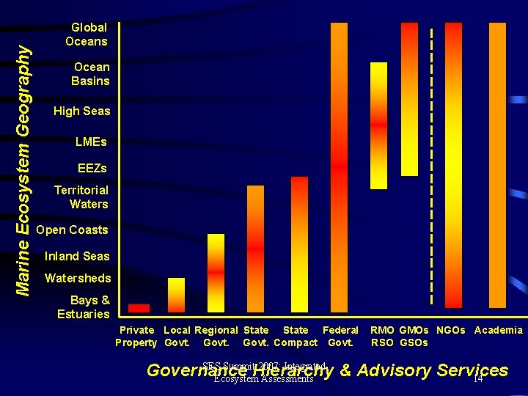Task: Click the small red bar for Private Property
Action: point(139,308)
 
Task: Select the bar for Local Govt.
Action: point(177,295)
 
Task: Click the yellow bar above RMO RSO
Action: point(378,125)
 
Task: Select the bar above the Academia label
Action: point(497,165)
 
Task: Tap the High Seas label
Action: point(81,111)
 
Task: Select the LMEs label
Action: point(91,142)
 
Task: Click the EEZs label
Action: point(92,169)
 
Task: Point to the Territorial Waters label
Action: point(81,197)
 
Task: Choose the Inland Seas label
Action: point(77,257)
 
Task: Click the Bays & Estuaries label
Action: point(84,307)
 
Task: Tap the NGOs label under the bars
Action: point(451,331)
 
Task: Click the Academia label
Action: point(499,331)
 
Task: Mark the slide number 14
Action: point(477,378)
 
